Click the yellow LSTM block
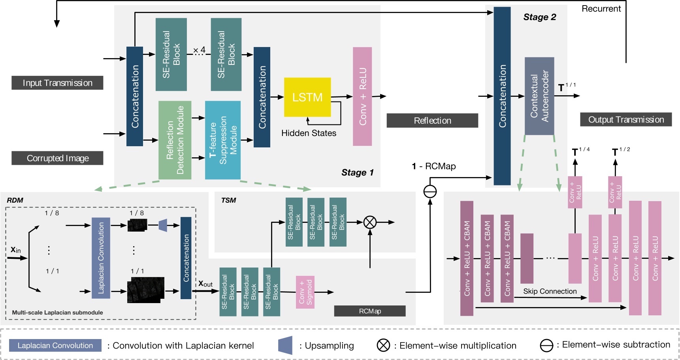307,97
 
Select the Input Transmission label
57,83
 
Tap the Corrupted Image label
57,158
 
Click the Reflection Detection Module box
175,140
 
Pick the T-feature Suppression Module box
223,140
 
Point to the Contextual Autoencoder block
539,96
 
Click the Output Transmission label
626,120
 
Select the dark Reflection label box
432,121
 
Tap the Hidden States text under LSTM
309,133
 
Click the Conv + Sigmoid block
305,292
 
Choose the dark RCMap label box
370,311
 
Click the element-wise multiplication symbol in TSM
370,222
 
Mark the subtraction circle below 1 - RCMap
430,192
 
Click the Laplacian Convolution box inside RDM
101,258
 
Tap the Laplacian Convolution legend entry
55,345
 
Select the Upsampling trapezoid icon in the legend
285,345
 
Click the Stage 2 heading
539,17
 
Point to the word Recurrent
601,9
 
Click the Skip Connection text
550,291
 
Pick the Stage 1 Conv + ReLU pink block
362,96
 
